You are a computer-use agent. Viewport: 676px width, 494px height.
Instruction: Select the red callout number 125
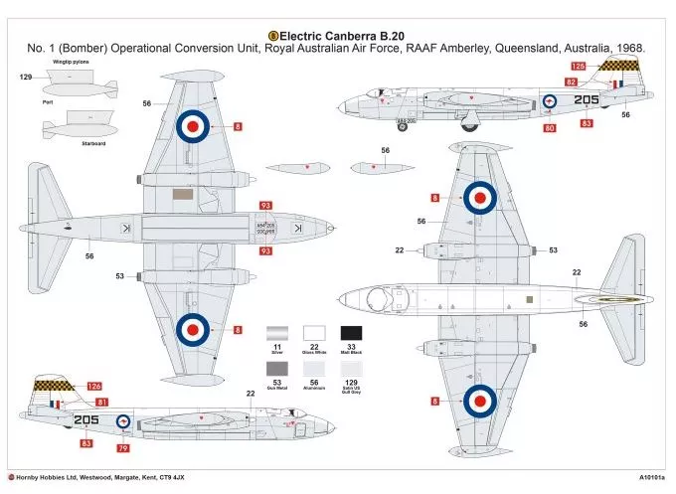(x=579, y=66)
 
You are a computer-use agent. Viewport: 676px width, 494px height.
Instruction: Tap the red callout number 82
(x=571, y=82)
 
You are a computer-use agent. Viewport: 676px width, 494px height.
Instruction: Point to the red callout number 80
(x=550, y=127)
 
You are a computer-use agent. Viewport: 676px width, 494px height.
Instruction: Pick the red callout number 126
(x=94, y=386)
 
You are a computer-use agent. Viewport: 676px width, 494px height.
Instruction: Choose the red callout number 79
(x=123, y=447)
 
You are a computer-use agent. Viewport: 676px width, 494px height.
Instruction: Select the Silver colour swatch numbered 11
(x=279, y=337)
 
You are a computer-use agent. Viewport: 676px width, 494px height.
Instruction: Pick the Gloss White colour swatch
(x=316, y=337)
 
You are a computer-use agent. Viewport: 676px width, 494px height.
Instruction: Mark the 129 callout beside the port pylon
(x=26, y=76)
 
